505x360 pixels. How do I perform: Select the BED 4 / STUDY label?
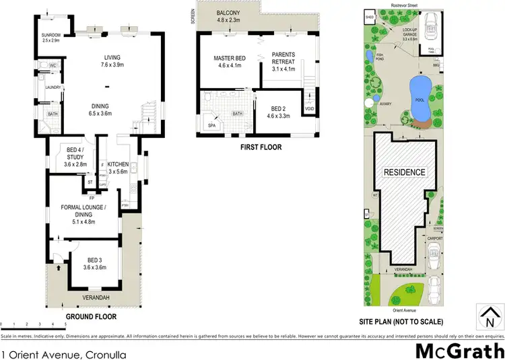(75, 154)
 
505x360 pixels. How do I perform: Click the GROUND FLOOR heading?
(91, 316)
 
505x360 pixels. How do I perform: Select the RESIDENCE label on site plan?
(404, 172)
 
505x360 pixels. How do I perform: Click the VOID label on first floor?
(309, 109)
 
